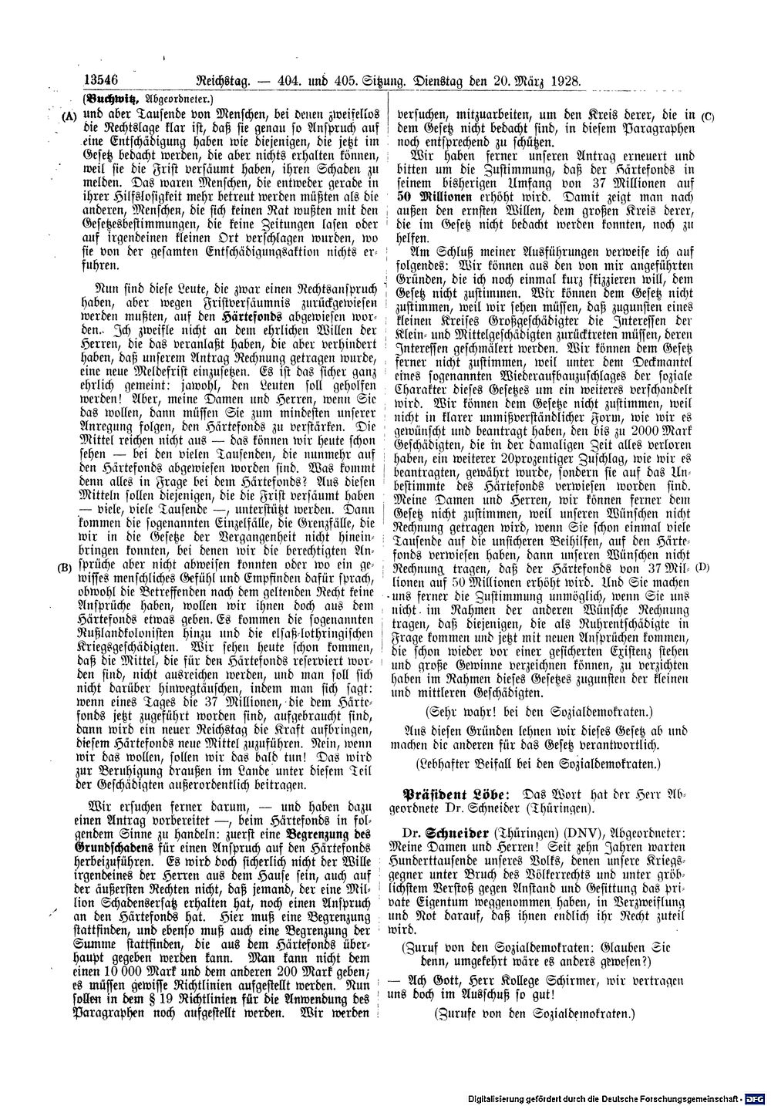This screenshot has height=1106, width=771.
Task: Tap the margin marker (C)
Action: pyautogui.click(x=709, y=116)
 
